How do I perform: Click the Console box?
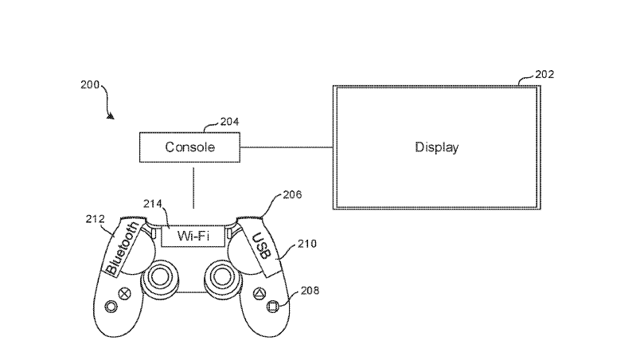tap(190, 147)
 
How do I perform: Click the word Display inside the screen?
tap(437, 147)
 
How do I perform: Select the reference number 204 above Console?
tap(228, 121)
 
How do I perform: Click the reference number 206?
tap(292, 194)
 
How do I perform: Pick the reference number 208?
tap(310, 291)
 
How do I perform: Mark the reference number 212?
tap(96, 217)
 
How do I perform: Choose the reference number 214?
tap(153, 204)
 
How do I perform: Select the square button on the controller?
tap(271, 305)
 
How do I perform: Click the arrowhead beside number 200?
tap(111, 117)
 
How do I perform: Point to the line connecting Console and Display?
tap(287, 147)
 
